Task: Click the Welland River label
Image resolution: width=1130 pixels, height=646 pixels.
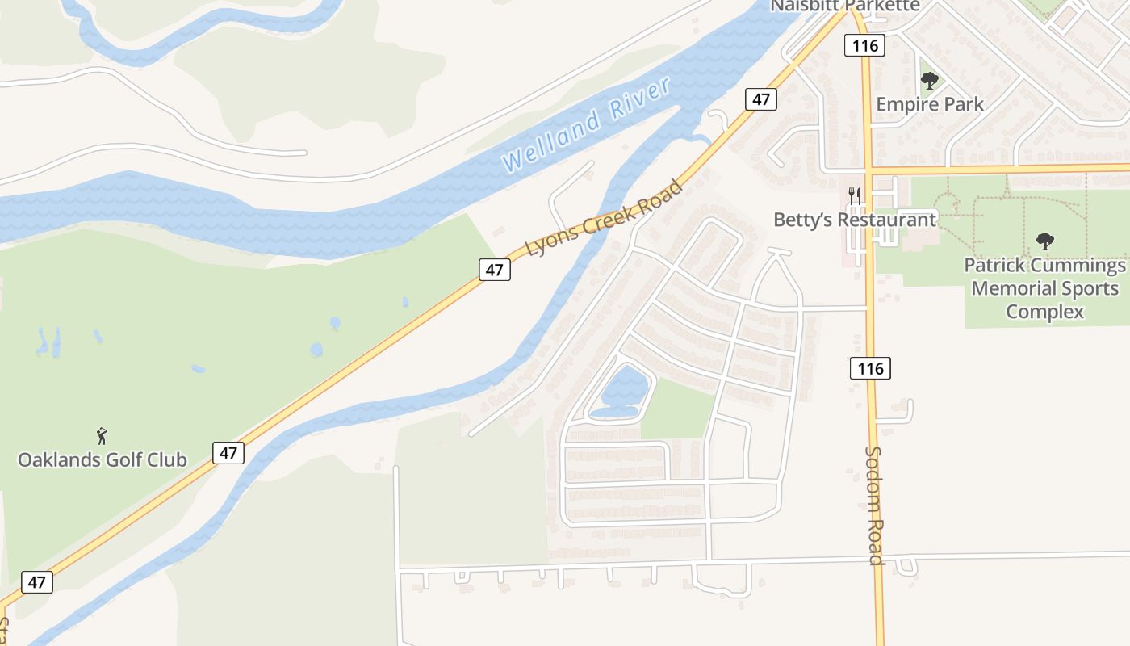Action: pyautogui.click(x=587, y=124)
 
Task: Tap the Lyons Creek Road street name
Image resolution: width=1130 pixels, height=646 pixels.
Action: pyautogui.click(x=605, y=218)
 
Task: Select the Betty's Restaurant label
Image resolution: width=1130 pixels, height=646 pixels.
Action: pyautogui.click(x=855, y=220)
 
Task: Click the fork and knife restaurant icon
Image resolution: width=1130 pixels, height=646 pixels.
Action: pyautogui.click(x=855, y=196)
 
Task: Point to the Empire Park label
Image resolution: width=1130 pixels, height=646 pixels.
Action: pyautogui.click(x=930, y=104)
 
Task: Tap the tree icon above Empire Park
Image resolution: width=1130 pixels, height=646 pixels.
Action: pyautogui.click(x=930, y=81)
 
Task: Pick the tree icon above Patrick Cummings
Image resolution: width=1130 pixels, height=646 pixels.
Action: pyautogui.click(x=1044, y=241)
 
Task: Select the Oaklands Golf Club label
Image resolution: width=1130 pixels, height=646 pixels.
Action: pyautogui.click(x=103, y=460)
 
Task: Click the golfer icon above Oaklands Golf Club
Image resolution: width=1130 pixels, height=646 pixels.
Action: pyautogui.click(x=102, y=437)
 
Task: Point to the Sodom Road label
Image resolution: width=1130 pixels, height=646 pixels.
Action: pyautogui.click(x=874, y=505)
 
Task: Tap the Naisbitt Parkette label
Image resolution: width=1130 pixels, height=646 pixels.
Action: pyautogui.click(x=844, y=6)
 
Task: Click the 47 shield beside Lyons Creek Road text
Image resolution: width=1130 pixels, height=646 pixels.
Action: pyautogui.click(x=494, y=270)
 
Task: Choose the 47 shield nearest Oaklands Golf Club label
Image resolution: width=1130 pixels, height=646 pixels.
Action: pyautogui.click(x=228, y=452)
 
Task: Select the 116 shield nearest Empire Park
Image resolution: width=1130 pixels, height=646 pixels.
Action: pyautogui.click(x=864, y=45)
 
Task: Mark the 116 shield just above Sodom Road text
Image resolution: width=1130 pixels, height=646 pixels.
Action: pyautogui.click(x=870, y=369)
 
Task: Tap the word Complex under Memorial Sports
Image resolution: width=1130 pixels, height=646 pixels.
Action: pyautogui.click(x=1044, y=312)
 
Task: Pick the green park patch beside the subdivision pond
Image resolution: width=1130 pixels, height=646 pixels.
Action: pyautogui.click(x=678, y=409)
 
